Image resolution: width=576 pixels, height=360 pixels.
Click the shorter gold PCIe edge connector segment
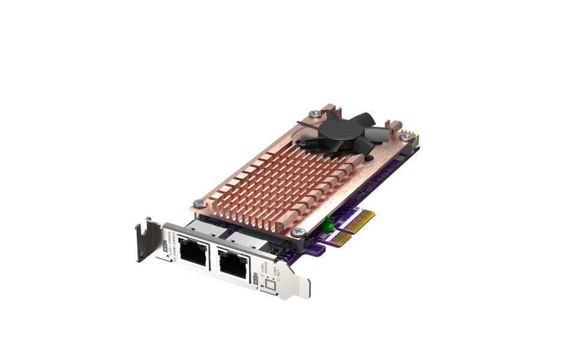click(x=340, y=239)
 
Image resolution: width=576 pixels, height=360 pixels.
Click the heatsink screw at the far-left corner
click(x=198, y=204)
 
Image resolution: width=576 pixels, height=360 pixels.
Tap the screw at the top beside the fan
click(x=313, y=113)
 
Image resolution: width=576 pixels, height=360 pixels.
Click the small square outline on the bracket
click(x=271, y=287)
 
